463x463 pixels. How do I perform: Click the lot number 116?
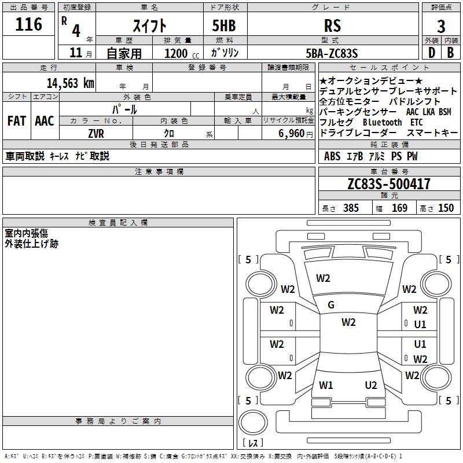tap(30, 24)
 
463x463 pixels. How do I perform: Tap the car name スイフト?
tap(150, 25)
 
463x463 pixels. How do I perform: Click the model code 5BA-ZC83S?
tap(332, 53)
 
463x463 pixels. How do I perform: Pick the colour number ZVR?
tap(96, 133)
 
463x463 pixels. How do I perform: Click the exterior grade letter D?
tap(431, 53)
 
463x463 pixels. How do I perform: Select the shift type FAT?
tap(16, 120)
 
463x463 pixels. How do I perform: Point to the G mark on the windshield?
tap(331, 305)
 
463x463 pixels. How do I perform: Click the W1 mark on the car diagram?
tap(326, 385)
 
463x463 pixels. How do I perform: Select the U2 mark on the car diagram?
tap(371, 385)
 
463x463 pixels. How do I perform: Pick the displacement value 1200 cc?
tap(179, 54)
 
